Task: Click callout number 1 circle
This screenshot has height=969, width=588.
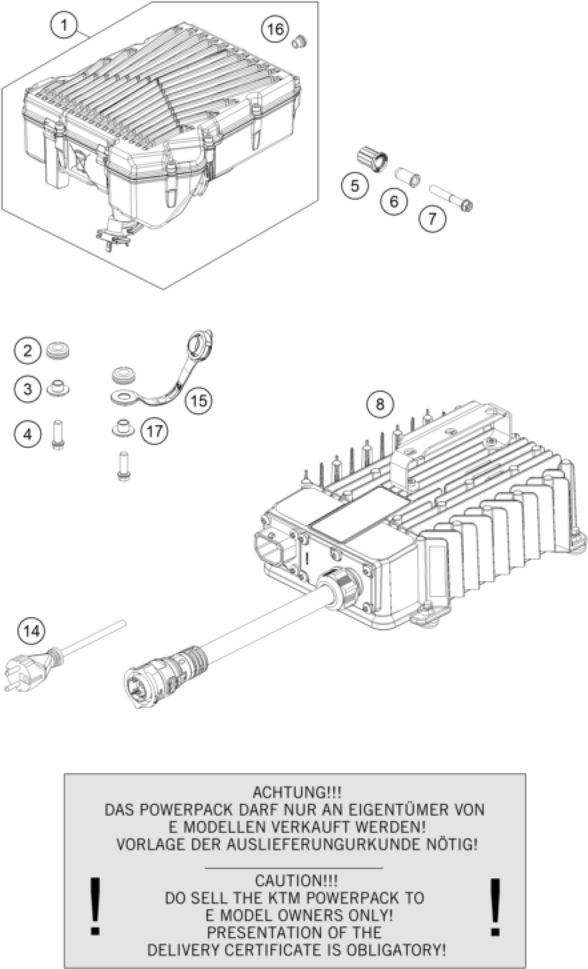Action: (x=64, y=26)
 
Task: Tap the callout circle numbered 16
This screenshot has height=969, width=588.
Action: (x=275, y=29)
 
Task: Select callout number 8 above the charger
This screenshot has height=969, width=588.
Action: (x=379, y=404)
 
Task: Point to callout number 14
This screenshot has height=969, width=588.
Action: (x=31, y=631)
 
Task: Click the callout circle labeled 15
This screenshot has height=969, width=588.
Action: (x=199, y=401)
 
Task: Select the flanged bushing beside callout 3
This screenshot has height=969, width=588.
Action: (x=58, y=389)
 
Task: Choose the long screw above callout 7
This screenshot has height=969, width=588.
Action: (x=451, y=198)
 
